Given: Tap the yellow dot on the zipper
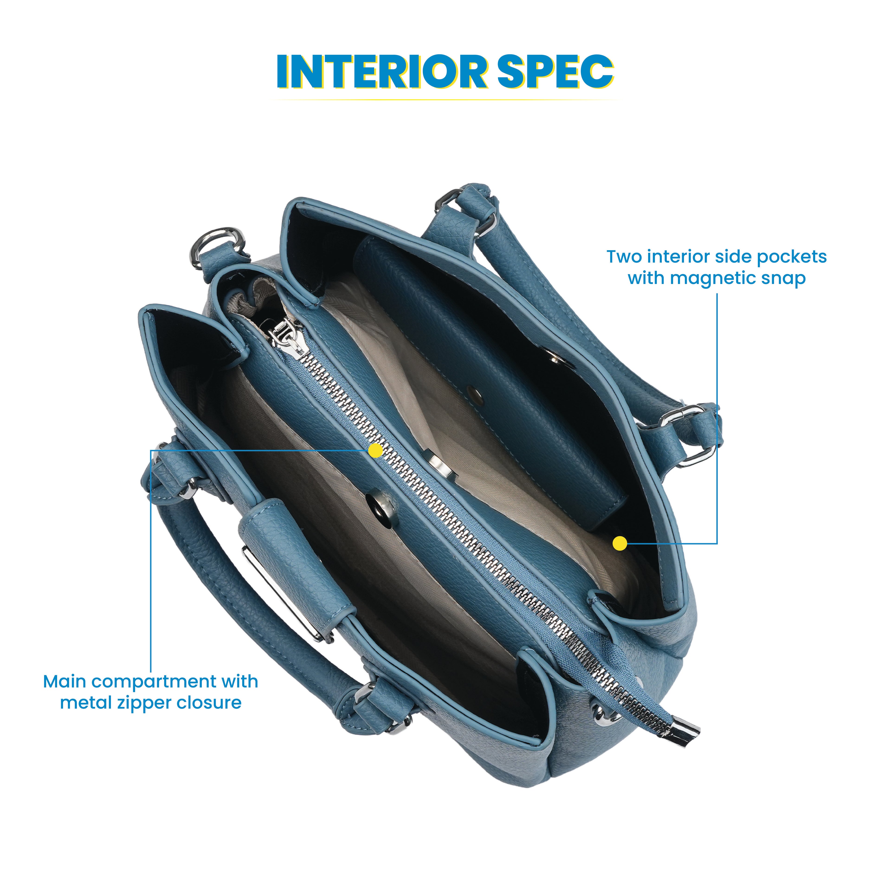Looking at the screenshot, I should [x=376, y=451].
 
